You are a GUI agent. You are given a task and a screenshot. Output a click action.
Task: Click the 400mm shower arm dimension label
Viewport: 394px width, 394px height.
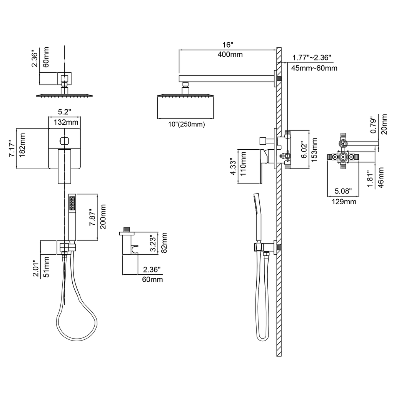[x=230, y=55]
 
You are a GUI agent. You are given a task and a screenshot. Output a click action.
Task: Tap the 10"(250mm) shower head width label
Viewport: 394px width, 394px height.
[x=187, y=124]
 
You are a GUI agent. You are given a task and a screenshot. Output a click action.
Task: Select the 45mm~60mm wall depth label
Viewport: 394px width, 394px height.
[x=314, y=68]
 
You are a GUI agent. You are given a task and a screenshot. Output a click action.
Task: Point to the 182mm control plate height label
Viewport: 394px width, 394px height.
[x=22, y=145]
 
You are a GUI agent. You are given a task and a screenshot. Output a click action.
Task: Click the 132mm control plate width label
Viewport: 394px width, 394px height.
[x=66, y=122]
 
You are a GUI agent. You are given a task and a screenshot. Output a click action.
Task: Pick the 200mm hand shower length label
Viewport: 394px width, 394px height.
[x=103, y=217]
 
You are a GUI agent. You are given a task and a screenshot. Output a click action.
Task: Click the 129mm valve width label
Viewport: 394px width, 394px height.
[x=344, y=202]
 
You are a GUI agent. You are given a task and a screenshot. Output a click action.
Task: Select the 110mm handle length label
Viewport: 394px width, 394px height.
[x=243, y=164]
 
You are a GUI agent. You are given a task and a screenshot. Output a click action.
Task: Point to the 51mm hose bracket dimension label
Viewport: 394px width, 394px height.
[x=47, y=267]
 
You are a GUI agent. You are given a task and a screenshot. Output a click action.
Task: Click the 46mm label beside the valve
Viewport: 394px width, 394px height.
[x=381, y=177]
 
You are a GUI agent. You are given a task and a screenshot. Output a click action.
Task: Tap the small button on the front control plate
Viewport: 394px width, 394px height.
[x=65, y=140]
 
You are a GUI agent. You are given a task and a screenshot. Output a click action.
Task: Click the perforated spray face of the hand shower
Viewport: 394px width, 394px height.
[x=72, y=203]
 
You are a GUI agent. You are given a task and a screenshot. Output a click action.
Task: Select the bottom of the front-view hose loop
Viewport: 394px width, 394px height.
[x=77, y=341]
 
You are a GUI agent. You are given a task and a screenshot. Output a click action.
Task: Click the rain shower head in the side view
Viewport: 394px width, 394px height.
[x=185, y=95]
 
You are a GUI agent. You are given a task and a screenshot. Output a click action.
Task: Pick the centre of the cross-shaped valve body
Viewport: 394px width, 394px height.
[x=343, y=157]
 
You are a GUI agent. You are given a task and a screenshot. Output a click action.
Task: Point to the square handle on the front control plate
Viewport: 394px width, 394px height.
[x=65, y=166]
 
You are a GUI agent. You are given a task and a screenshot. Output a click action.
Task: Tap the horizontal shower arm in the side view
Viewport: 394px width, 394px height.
[x=226, y=78]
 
